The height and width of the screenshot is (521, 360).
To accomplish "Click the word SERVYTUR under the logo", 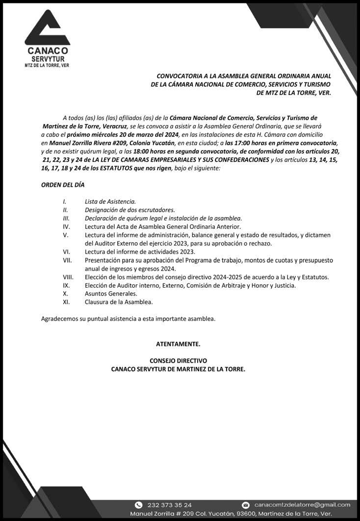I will pos(48,58).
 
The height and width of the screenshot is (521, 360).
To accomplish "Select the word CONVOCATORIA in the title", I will pos(178,76).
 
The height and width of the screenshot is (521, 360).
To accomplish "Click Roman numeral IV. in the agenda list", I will pos(66,226).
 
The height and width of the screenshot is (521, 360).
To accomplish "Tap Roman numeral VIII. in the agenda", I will pos(68,277).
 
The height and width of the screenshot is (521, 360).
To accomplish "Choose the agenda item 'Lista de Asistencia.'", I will pos(110,201).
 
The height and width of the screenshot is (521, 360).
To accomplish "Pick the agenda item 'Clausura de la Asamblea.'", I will pos(118,302).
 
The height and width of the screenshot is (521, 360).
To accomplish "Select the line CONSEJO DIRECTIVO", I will pos(178,361).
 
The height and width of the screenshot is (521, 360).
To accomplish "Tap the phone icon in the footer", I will pos(138,505).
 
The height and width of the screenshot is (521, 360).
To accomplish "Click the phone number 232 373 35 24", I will pos(170,505).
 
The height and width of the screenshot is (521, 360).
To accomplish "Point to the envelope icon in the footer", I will pos(246,505).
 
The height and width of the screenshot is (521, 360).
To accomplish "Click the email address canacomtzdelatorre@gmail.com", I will pos(302,505).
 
